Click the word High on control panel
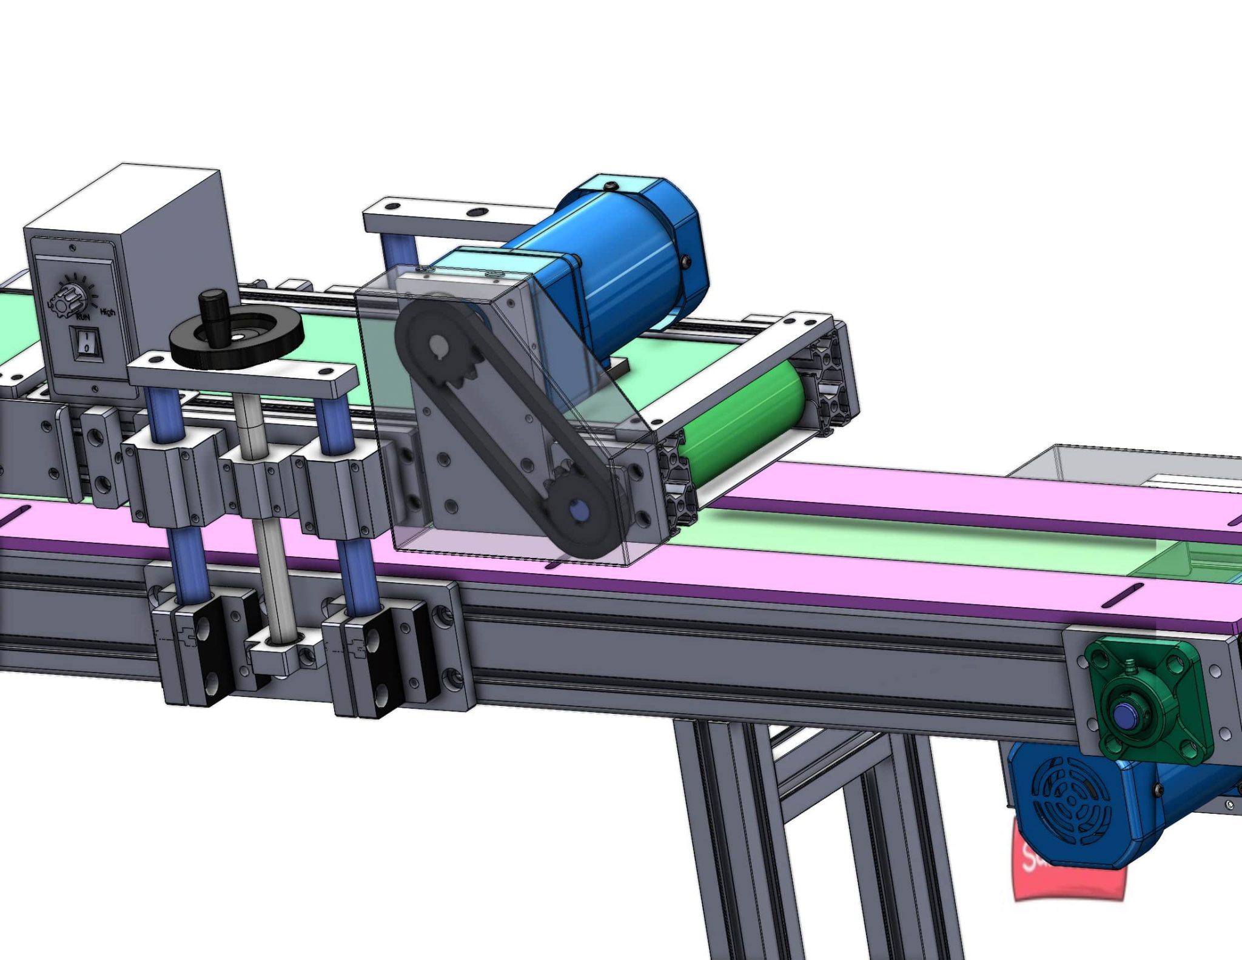[107, 312]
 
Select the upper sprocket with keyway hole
[441, 352]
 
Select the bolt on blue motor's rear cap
[686, 261]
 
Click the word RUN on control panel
[83, 316]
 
